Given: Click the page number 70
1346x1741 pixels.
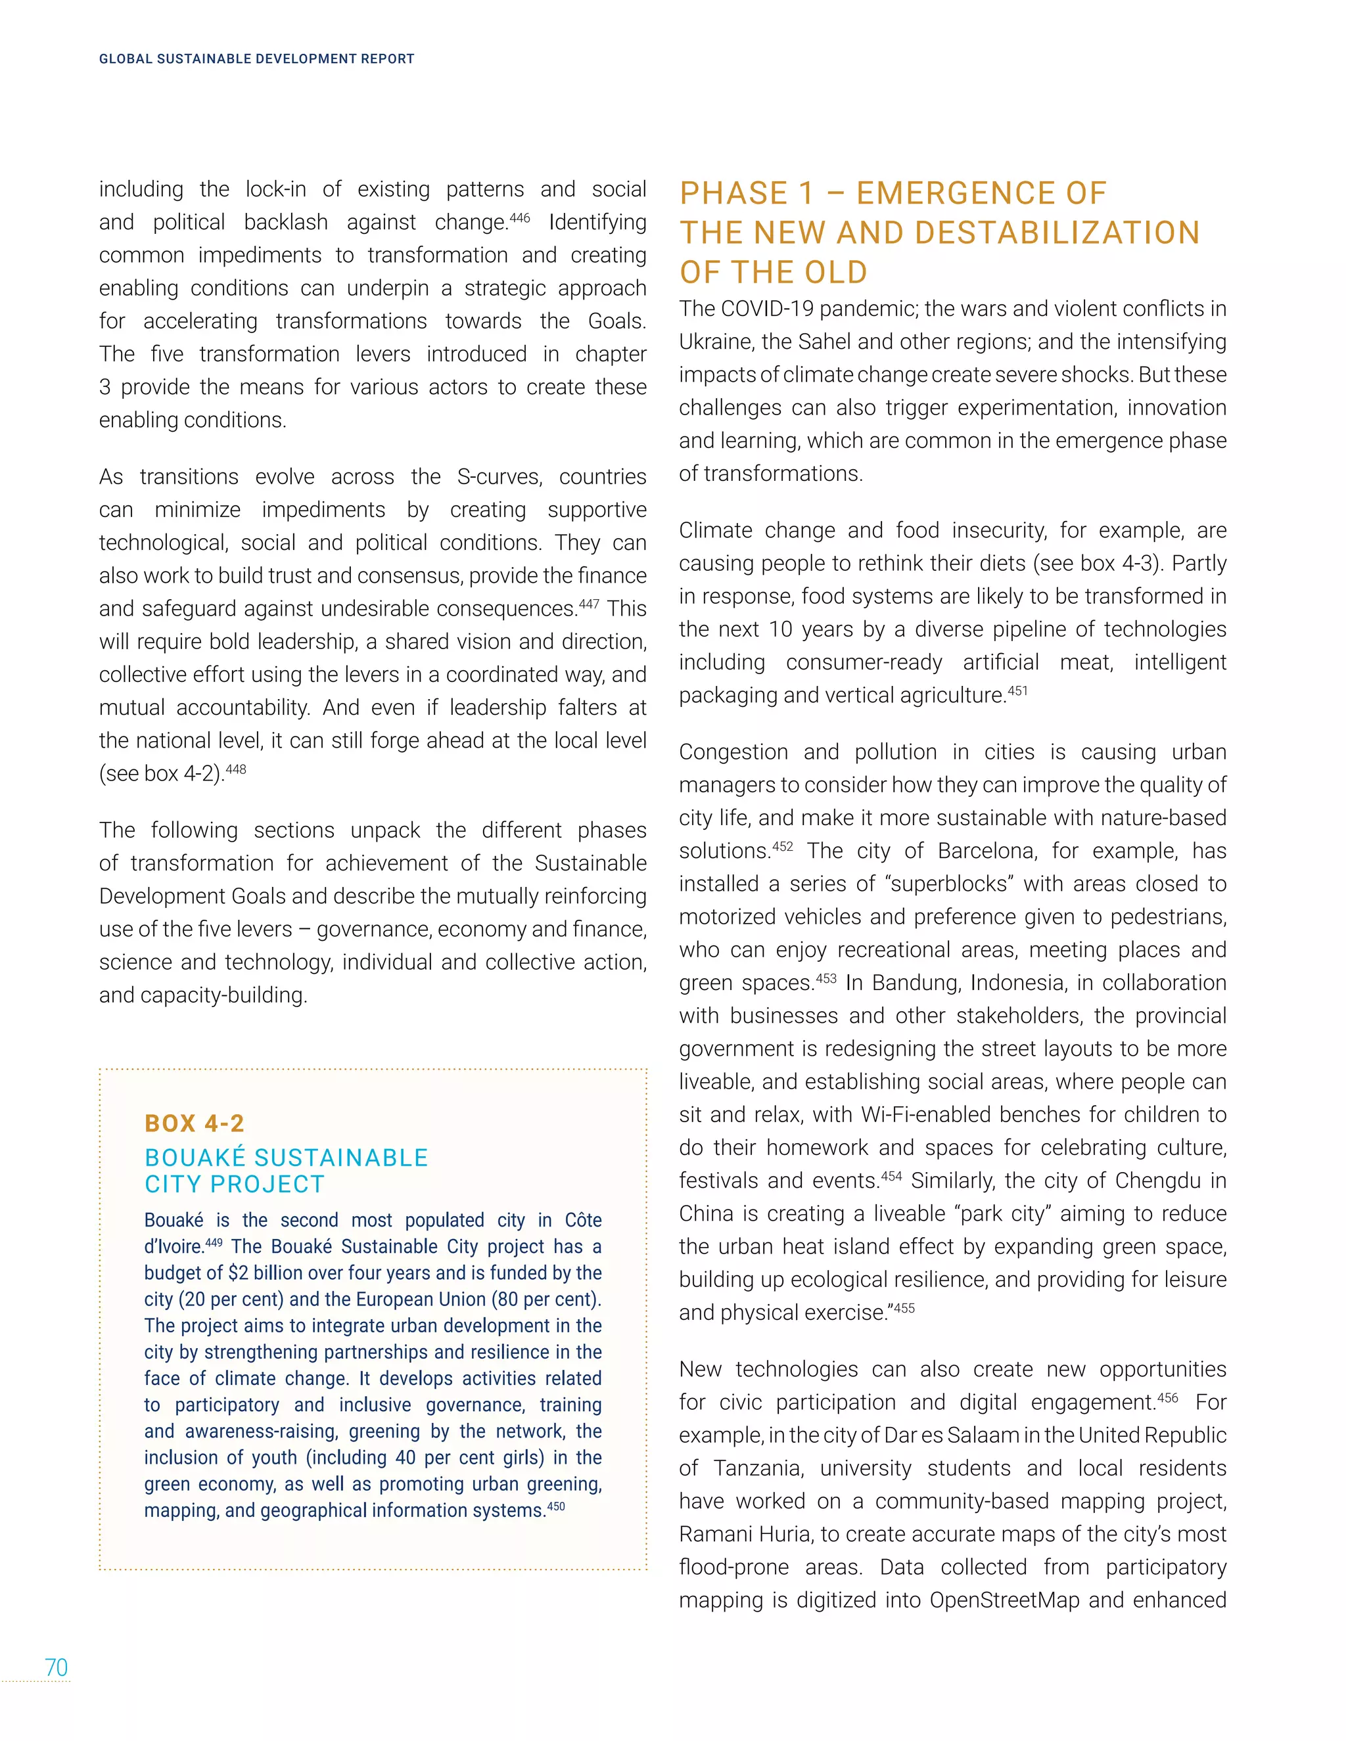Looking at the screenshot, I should (x=56, y=1667).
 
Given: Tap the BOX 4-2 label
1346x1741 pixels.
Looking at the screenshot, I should (x=195, y=1123).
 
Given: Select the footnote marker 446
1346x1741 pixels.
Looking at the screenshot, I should (x=519, y=217).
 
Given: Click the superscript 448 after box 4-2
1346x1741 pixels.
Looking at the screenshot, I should (x=236, y=769).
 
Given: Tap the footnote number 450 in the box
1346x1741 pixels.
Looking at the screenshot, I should (x=556, y=1506).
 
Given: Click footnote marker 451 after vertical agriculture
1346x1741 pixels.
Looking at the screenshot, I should (x=1017, y=690).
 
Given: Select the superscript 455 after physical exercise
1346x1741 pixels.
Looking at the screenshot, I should (x=904, y=1307).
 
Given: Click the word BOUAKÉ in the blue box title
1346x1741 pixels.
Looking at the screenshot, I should (x=195, y=1158).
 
